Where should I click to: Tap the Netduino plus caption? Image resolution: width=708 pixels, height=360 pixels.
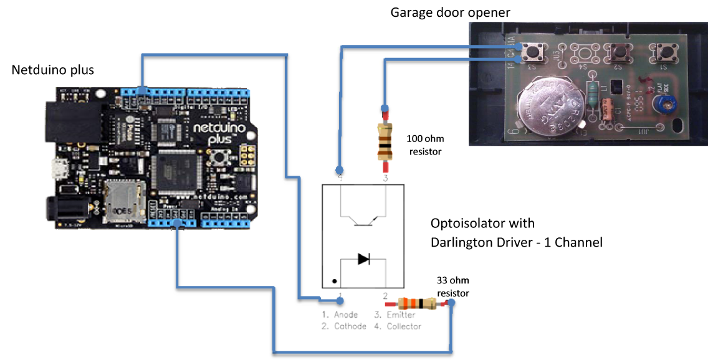point(53,70)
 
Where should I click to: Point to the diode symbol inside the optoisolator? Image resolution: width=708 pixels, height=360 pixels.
point(363,259)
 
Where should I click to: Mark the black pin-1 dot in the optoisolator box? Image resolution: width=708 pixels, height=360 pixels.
point(335,281)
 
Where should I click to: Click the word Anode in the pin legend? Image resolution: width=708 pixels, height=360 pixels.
point(345,315)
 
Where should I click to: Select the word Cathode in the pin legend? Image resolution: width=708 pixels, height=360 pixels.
point(350,326)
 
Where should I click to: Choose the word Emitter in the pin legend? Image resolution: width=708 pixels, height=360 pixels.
point(401,315)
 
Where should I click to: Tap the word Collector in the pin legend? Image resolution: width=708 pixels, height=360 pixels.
point(404,326)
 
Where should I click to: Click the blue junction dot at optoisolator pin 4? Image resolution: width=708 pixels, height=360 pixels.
point(339,169)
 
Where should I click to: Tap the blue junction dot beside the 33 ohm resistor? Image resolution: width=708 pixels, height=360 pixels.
point(451,304)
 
